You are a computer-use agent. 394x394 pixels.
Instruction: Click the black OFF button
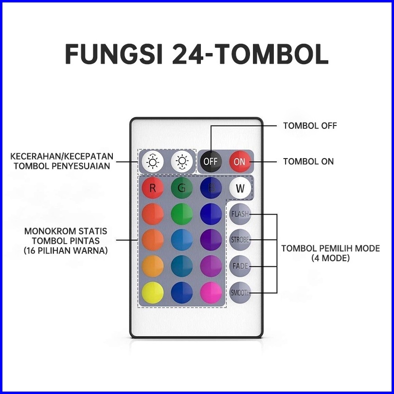tap(211, 161)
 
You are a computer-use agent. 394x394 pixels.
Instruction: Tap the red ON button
tap(239, 161)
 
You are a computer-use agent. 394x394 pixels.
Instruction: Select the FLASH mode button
tap(240, 214)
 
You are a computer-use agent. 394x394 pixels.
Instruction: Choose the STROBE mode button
tap(240, 240)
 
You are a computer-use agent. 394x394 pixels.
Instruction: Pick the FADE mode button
tap(240, 266)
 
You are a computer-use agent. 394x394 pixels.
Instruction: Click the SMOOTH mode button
tap(240, 293)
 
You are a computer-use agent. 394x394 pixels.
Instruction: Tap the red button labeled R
tap(153, 188)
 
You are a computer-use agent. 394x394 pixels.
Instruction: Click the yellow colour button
tap(153, 293)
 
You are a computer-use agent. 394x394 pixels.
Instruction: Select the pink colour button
tap(211, 293)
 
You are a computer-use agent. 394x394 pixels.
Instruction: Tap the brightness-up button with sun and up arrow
tap(153, 161)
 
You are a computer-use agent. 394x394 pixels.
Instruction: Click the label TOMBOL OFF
tap(310, 126)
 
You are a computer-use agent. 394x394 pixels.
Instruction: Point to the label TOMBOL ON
tap(308, 161)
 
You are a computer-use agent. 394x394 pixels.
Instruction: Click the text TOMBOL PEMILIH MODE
tap(330, 249)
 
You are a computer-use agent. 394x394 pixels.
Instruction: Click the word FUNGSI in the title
tap(115, 54)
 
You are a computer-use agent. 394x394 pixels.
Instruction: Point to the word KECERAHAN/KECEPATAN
tap(62, 157)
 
